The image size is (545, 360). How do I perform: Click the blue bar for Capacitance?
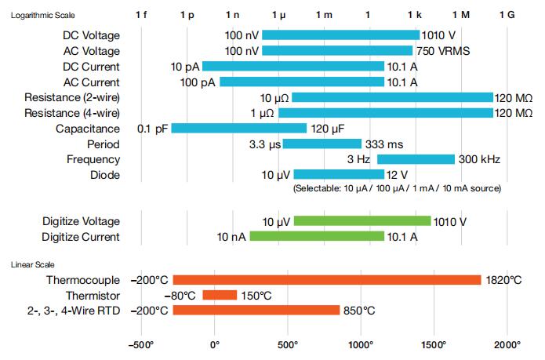click(x=239, y=129)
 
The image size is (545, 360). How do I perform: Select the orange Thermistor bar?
click(x=220, y=295)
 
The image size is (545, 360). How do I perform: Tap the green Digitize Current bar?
click(x=317, y=236)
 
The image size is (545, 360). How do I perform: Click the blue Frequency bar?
click(x=416, y=159)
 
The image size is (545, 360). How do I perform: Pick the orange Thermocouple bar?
click(x=327, y=280)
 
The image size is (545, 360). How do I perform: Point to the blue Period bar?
click(x=322, y=144)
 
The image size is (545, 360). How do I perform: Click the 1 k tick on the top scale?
click(x=415, y=15)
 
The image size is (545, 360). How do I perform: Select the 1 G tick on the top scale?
click(x=507, y=15)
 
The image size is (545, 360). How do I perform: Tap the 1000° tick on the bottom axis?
click(x=361, y=344)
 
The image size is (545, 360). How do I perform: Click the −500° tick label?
click(x=142, y=344)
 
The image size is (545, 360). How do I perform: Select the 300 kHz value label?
click(x=479, y=159)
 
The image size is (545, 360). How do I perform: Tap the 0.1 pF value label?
click(x=153, y=129)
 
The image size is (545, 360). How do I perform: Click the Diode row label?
click(x=104, y=175)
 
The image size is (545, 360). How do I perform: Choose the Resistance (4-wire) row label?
click(x=72, y=113)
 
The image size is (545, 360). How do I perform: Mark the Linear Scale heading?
click(x=32, y=264)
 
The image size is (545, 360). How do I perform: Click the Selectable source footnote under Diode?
click(x=397, y=189)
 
